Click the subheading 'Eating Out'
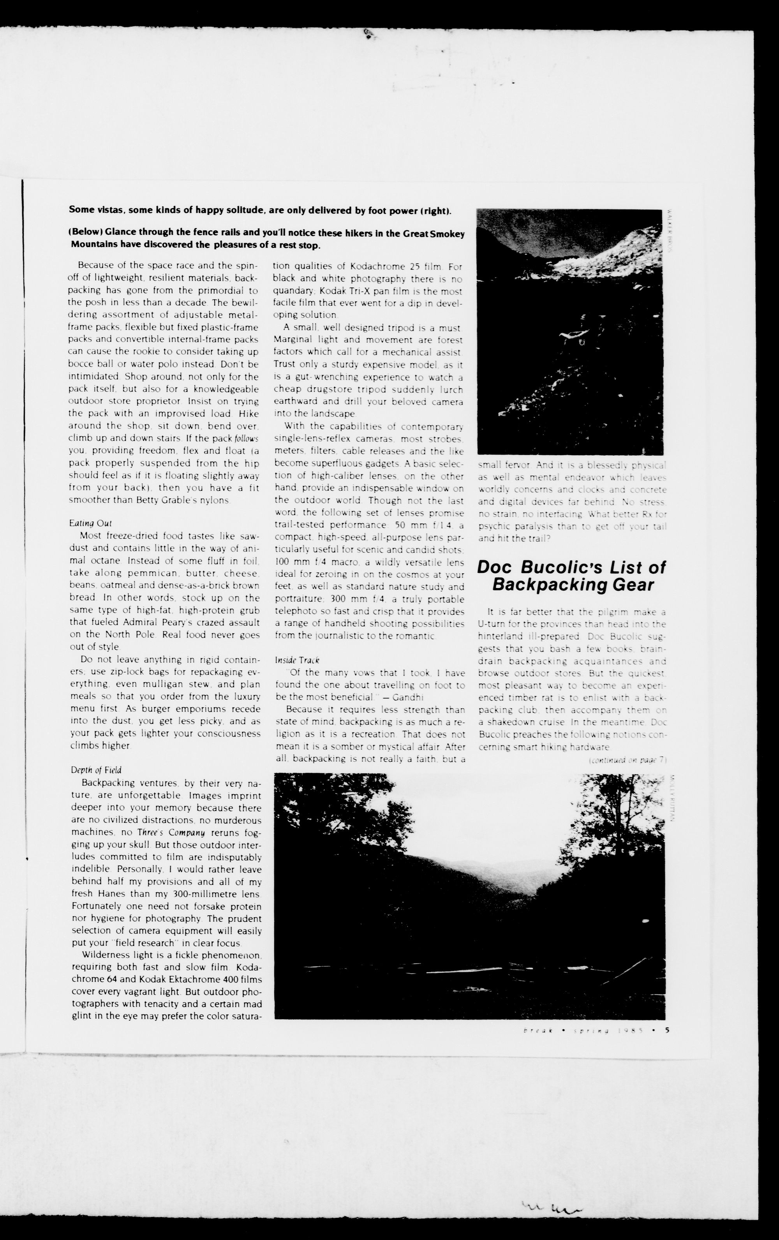(x=91, y=523)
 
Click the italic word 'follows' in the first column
(x=246, y=438)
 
